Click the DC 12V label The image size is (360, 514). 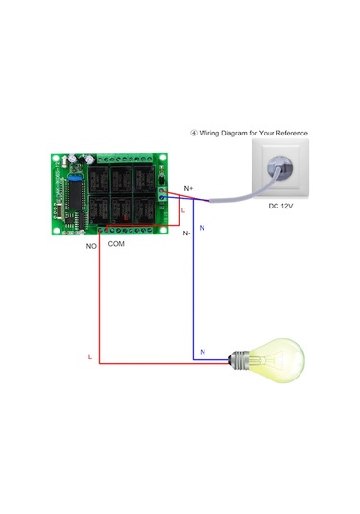pos(281,205)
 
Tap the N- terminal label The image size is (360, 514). pos(186,233)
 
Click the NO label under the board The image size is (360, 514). pos(91,246)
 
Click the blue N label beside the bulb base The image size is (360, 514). pos(202,352)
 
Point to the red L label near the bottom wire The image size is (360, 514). pos(89,356)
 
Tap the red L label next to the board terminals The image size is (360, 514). pos(182,209)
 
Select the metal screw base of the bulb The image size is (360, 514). pos(236,361)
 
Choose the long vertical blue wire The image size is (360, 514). pos(194,288)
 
